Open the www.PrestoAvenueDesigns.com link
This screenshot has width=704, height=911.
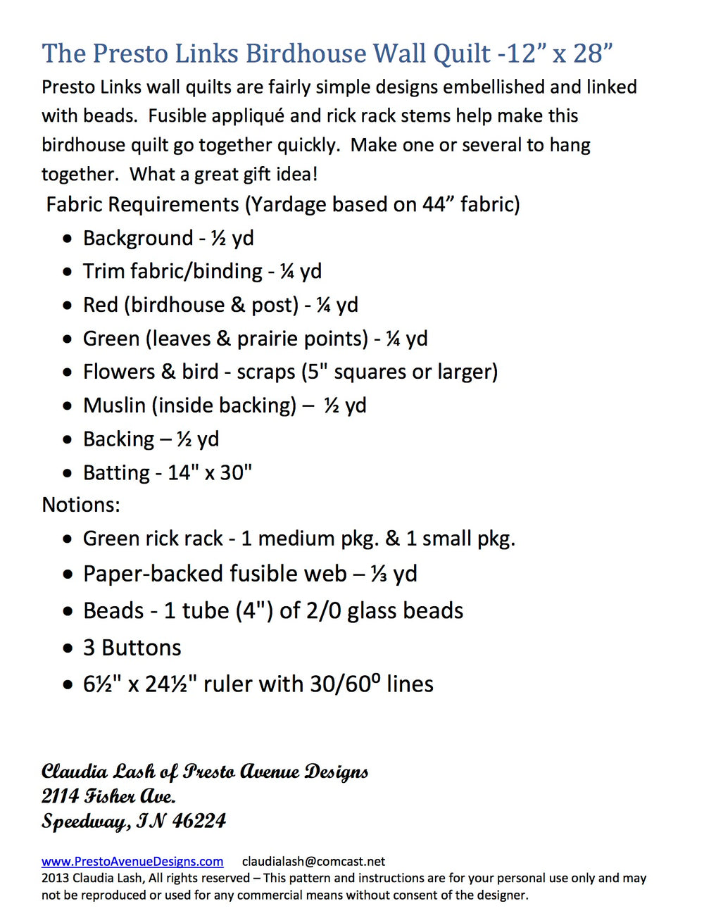click(x=132, y=861)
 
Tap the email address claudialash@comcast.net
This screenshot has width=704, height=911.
click(x=313, y=861)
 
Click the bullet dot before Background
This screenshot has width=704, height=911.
click(x=67, y=239)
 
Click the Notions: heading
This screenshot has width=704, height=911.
click(x=81, y=505)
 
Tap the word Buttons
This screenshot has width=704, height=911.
click(x=142, y=648)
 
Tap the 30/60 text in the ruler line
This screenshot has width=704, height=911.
click(x=337, y=684)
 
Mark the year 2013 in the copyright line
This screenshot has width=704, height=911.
click(x=55, y=878)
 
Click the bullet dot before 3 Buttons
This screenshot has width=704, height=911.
click(x=68, y=648)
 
